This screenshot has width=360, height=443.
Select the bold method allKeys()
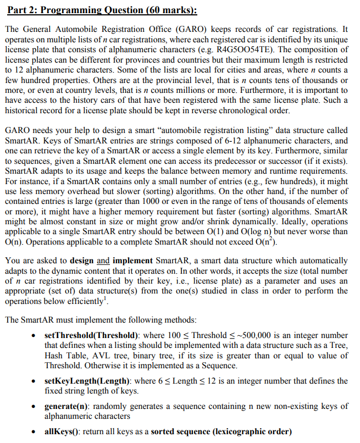[63, 431]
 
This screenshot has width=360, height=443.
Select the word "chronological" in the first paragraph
[245, 110]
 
